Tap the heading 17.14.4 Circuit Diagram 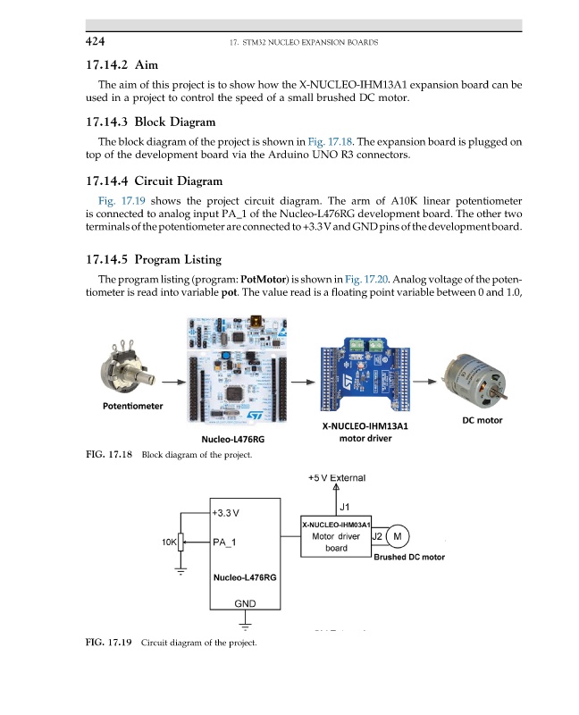pos(153,182)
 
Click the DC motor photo pos(480,374)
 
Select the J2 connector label pos(377,536)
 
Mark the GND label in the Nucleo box pos(246,604)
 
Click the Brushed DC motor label pos(408,557)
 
